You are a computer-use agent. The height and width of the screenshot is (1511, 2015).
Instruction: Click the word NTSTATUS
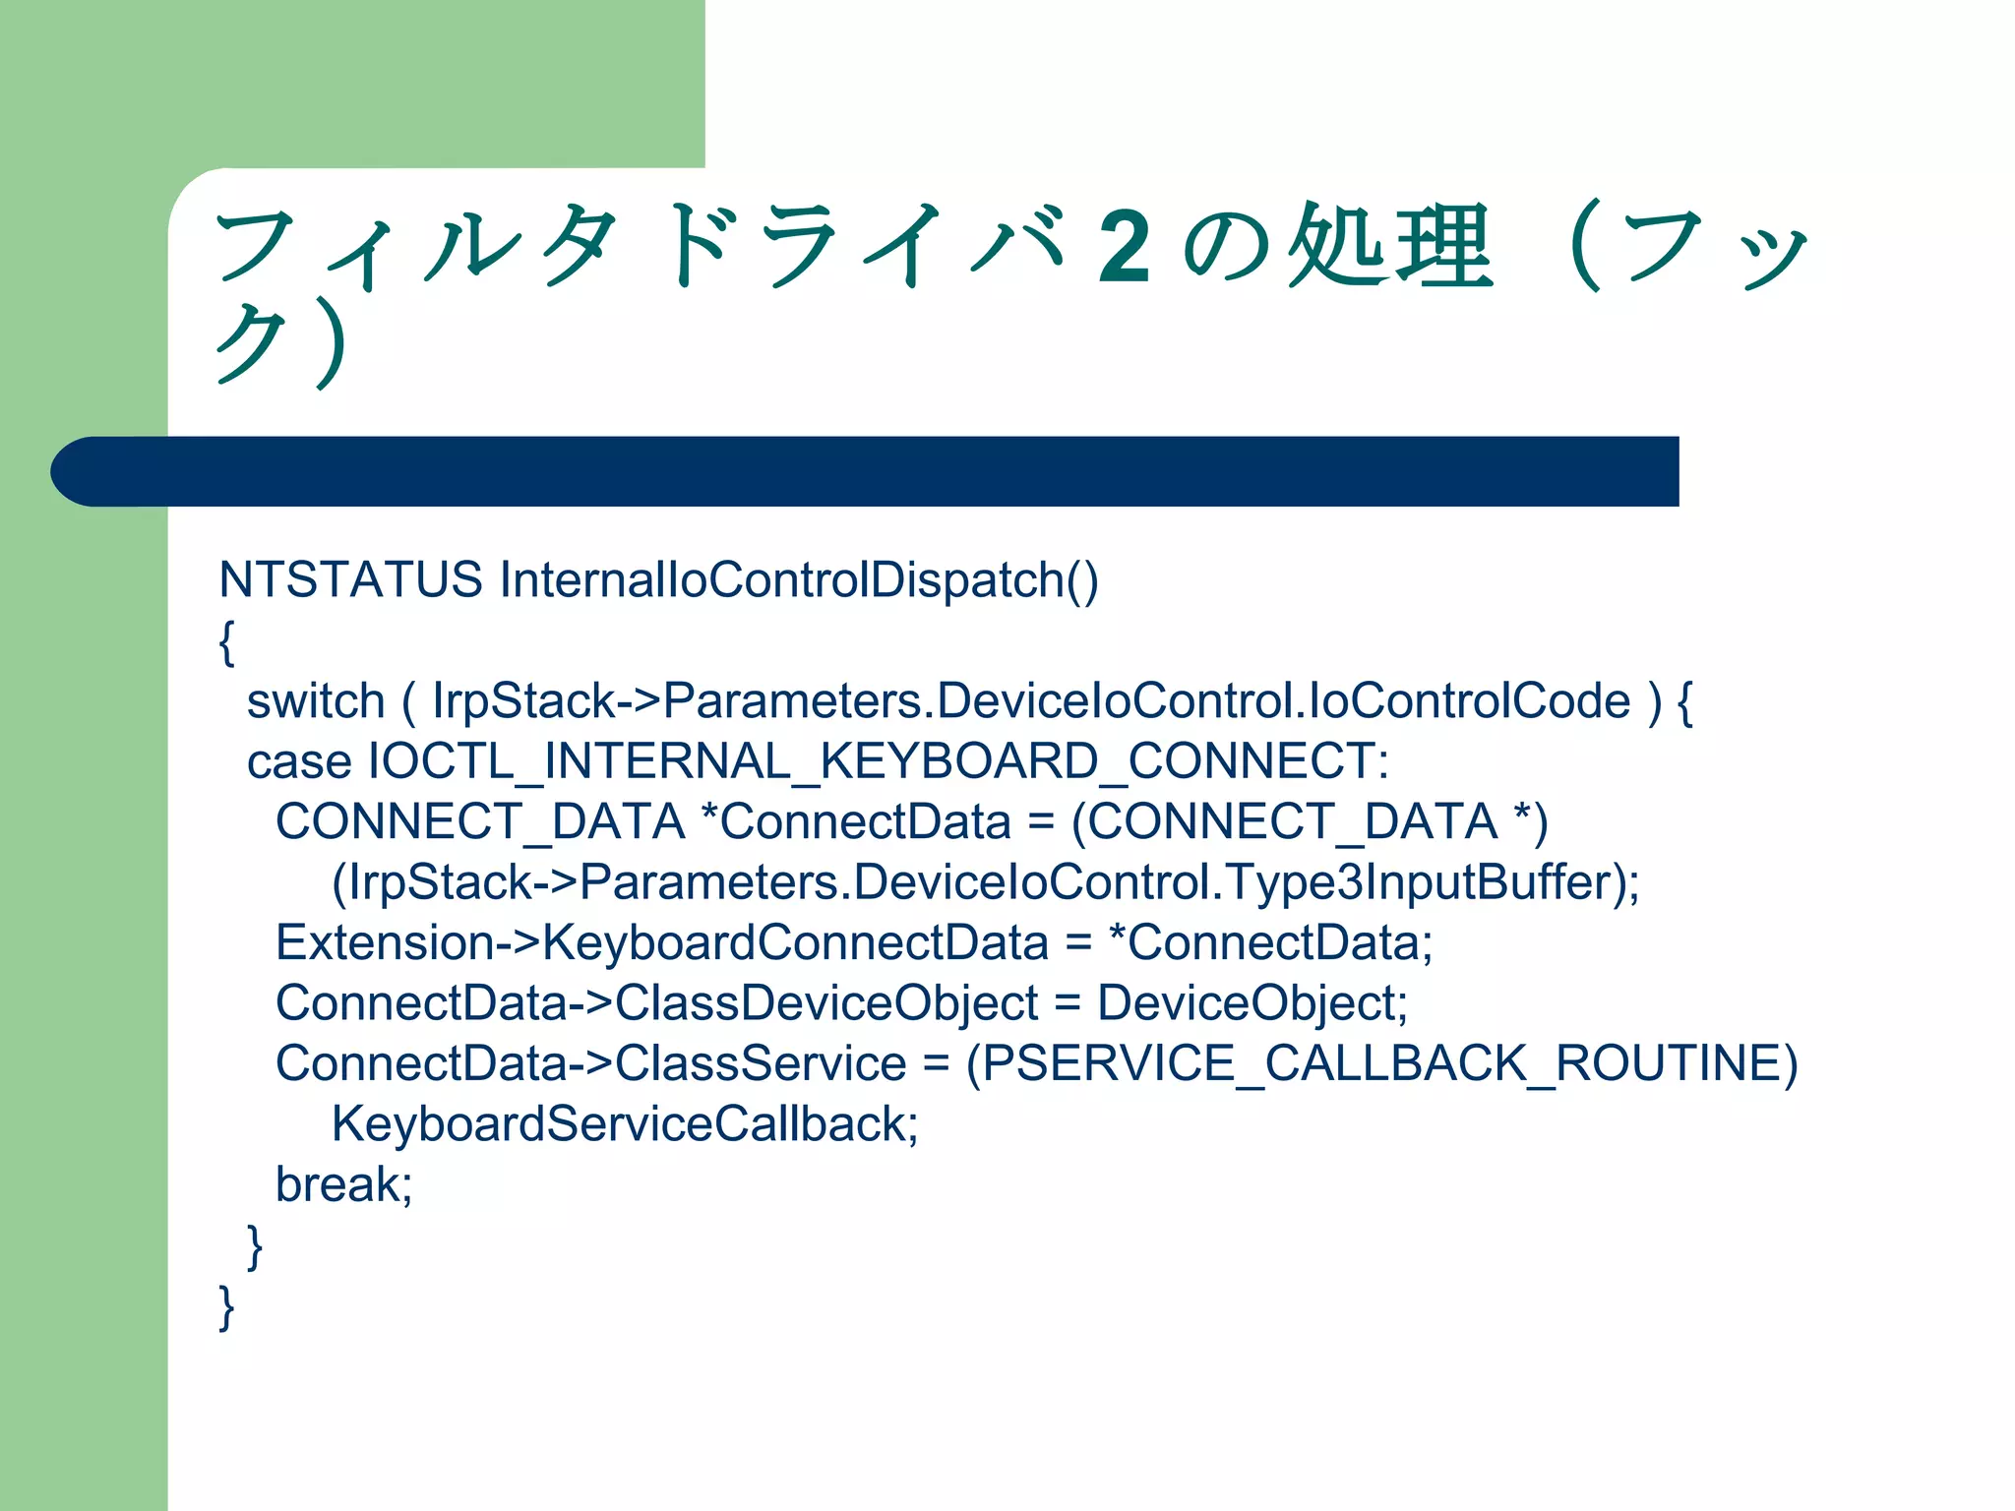coord(350,579)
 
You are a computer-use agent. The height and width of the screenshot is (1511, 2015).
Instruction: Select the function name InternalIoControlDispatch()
coord(798,579)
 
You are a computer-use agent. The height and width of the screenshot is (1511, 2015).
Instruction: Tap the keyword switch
coord(315,701)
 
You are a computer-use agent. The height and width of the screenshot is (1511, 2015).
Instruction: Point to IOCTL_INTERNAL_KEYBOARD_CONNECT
coord(878,761)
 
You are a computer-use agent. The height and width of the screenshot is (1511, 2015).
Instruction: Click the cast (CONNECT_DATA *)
coord(1310,821)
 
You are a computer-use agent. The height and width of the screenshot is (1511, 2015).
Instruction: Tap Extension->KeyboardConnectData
coord(661,942)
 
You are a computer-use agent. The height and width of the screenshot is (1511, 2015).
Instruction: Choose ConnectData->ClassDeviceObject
coord(656,1003)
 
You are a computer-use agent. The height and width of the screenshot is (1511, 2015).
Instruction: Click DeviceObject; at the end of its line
coord(1252,1003)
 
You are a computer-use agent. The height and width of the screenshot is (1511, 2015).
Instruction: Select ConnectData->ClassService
coord(590,1063)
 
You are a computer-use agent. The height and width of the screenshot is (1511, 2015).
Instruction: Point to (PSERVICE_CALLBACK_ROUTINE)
coord(1381,1063)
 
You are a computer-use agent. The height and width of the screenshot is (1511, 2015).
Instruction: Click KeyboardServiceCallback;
coord(625,1124)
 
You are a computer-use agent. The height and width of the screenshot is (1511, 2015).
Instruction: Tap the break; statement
coord(343,1184)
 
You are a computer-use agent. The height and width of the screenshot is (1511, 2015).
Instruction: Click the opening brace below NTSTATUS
coord(227,642)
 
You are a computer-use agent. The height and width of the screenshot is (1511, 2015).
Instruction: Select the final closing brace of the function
coord(227,1307)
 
